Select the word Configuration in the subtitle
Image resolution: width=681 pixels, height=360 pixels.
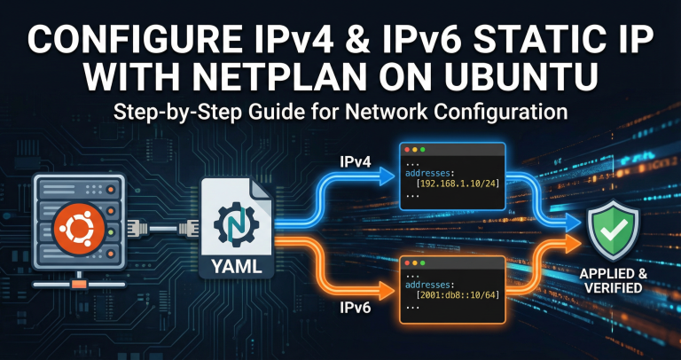pos(481,113)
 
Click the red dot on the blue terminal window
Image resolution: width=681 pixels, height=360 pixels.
pos(407,149)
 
